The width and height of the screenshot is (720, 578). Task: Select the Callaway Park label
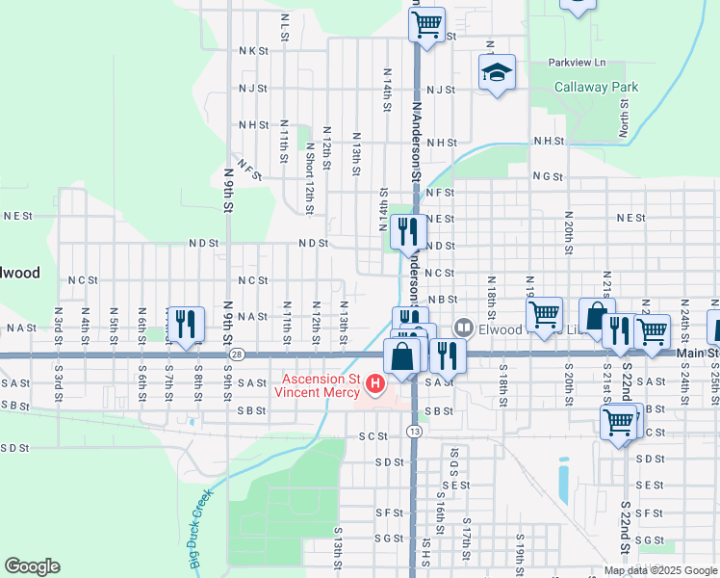596,87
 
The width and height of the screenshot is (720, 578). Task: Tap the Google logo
32,566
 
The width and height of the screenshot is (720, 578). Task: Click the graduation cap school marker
496,72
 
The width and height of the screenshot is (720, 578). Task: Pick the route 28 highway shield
236,355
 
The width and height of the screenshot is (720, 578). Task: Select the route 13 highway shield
414,430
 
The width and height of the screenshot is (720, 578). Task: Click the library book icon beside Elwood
464,328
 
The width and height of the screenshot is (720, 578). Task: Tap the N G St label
546,176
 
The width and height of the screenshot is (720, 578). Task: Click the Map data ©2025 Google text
660,570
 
